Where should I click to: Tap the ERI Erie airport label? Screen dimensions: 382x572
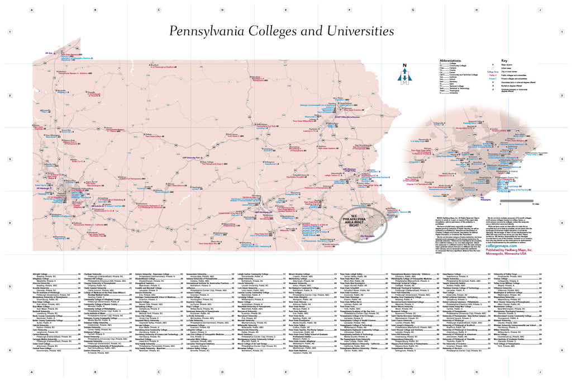pyautogui.click(x=49, y=54)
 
